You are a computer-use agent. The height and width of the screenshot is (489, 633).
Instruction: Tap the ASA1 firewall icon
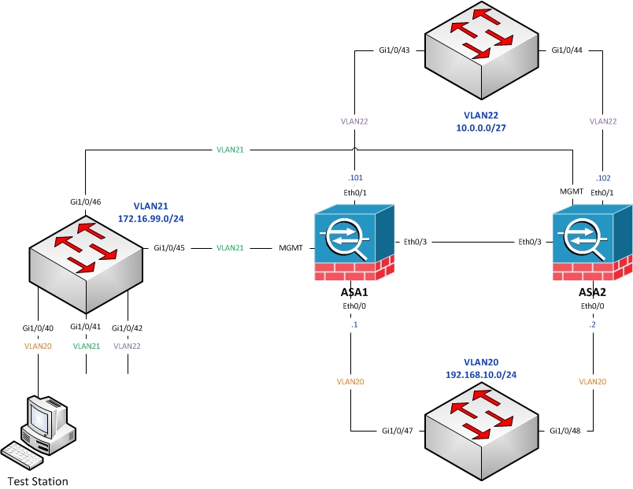pyautogui.click(x=354, y=243)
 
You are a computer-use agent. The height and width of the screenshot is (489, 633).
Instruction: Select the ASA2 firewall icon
pyautogui.click(x=592, y=243)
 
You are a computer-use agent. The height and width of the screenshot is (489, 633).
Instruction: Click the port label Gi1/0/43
pyautogui.click(x=394, y=50)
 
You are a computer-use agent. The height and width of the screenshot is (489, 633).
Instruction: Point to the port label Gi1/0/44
pyautogui.click(x=567, y=50)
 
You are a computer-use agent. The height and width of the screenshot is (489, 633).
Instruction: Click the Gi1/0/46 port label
pyautogui.click(x=86, y=202)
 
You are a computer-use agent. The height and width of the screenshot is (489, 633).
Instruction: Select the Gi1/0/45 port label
pyautogui.click(x=169, y=248)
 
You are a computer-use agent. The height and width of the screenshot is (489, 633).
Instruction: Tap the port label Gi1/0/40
pyautogui.click(x=38, y=328)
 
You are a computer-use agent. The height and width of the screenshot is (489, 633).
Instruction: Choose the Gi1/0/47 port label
pyautogui.click(x=398, y=431)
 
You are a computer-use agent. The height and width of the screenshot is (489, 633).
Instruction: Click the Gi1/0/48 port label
pyautogui.click(x=565, y=431)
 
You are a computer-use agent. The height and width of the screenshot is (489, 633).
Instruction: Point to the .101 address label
pyautogui.click(x=355, y=178)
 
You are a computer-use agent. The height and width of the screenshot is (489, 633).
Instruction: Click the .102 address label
pyautogui.click(x=603, y=178)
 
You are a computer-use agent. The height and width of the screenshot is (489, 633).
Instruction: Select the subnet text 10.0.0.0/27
pyautogui.click(x=481, y=128)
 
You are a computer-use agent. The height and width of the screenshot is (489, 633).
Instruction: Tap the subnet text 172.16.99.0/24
pyautogui.click(x=150, y=219)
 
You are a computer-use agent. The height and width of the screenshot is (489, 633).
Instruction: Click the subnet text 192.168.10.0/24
pyautogui.click(x=481, y=375)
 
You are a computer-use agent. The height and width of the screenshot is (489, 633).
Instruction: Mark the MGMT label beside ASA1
pyautogui.click(x=291, y=248)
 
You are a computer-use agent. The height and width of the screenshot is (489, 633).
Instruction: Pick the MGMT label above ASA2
pyautogui.click(x=572, y=191)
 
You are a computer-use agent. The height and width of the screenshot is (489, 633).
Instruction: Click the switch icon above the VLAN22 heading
pyautogui.click(x=481, y=50)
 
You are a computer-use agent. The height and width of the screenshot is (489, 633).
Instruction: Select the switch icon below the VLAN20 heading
pyautogui.click(x=481, y=432)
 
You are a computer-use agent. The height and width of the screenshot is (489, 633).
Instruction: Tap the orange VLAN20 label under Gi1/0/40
pyautogui.click(x=38, y=346)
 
